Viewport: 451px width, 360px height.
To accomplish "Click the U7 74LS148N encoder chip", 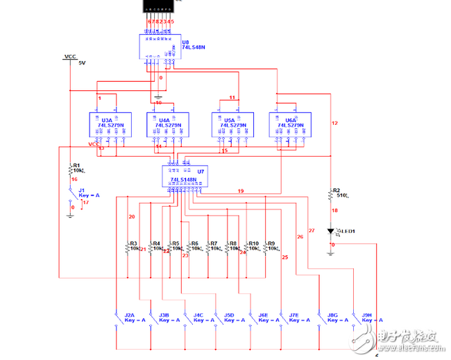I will (184, 175).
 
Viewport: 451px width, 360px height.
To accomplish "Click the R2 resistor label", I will (337, 189).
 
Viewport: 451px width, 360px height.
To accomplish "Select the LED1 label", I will (347, 231).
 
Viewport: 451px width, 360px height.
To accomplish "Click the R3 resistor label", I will (133, 243).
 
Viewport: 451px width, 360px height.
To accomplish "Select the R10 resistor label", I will (253, 243).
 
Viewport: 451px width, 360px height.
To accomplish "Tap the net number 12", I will (334, 123).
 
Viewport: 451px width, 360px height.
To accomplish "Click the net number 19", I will (241, 190).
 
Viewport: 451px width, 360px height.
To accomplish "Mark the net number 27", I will (311, 230).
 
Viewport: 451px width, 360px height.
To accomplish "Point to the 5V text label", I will (82, 63).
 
